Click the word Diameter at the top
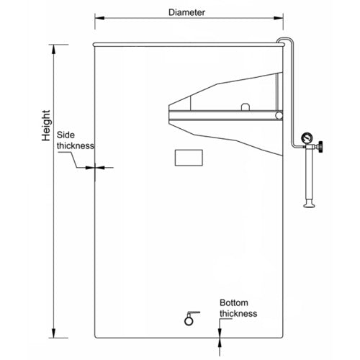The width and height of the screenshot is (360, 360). [x=186, y=12]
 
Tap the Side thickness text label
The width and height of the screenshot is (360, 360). [x=76, y=140]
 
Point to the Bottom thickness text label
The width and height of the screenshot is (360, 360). [x=238, y=308]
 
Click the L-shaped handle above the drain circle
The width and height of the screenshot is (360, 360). [x=193, y=313]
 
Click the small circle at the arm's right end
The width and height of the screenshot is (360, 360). [x=279, y=116]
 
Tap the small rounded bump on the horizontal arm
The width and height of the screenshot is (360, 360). [x=245, y=107]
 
